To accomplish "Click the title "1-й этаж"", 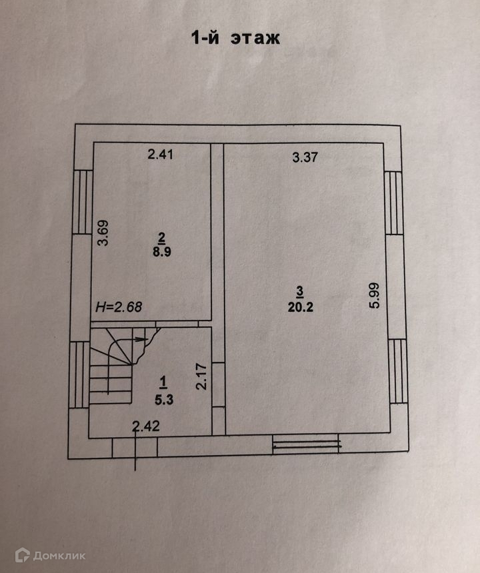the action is (236, 38).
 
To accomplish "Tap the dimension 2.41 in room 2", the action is (160, 155).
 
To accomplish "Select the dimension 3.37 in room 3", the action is (305, 158).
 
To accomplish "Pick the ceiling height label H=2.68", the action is (119, 308).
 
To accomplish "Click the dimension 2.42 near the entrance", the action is (145, 427).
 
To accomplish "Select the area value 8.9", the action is (161, 253).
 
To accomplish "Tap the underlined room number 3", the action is (300, 290).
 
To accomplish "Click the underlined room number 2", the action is (161, 237).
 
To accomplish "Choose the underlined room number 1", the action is (164, 381).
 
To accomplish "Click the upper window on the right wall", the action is (394, 203).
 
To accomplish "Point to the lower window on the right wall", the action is (396, 370).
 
